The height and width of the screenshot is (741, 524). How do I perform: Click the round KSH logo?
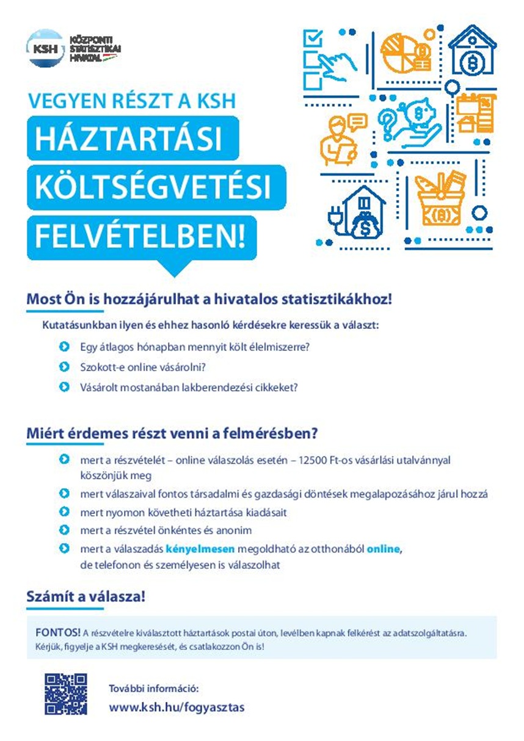[x=45, y=48]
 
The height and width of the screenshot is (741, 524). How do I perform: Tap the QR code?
[x=65, y=693]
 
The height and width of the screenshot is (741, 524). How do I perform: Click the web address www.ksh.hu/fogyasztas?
[x=176, y=707]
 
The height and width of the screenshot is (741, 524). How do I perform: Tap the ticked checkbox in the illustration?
[x=313, y=38]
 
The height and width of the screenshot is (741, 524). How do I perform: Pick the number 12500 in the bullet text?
[x=313, y=460]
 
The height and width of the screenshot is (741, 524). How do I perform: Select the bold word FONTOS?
[x=58, y=632]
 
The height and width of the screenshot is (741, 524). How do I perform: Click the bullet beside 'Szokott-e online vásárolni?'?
[x=64, y=367]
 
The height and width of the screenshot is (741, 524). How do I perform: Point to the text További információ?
[x=153, y=689]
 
